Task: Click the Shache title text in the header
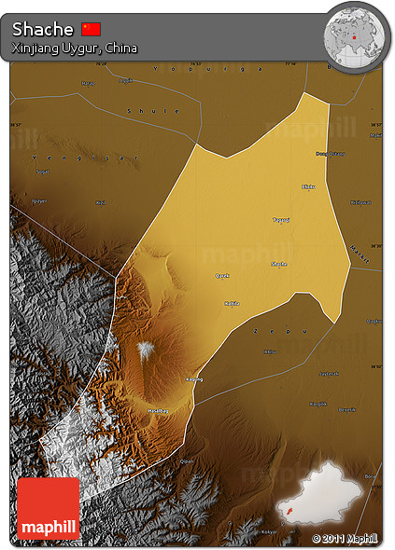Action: coord(42,29)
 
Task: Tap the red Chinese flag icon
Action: coord(91,29)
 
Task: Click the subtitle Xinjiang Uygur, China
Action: coord(75,48)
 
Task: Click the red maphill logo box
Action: coord(48,509)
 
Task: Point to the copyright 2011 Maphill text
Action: coord(345,538)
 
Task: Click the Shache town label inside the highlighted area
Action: coord(278,265)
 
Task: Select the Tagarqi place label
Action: coord(280,219)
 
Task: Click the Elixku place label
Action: coord(309,186)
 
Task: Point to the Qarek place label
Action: coord(223,275)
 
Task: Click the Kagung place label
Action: coord(194,379)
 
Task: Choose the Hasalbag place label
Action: coord(158,410)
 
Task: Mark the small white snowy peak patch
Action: coord(146,350)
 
